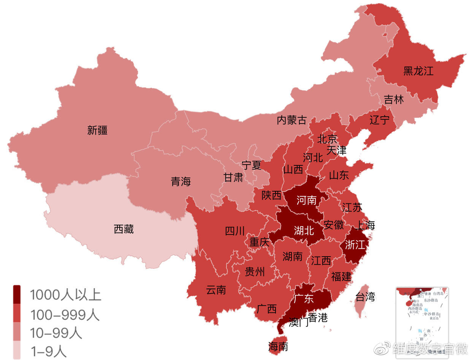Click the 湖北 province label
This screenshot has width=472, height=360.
click(304, 230)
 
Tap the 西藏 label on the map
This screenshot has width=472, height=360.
click(124, 229)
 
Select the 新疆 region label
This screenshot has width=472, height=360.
click(97, 131)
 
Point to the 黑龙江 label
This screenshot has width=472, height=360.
click(418, 71)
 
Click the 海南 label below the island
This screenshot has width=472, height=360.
click(278, 347)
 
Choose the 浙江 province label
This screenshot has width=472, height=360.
click(355, 245)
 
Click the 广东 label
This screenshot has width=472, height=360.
click(304, 299)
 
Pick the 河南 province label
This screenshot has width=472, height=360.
click(306, 200)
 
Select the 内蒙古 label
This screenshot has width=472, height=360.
click(291, 121)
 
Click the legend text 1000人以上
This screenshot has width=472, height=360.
click(65, 295)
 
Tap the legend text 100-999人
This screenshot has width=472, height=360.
click(65, 315)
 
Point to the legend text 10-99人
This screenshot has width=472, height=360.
click(56, 333)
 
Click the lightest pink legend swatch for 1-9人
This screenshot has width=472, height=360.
click(17, 350)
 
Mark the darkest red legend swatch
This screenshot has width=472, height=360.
click(17, 295)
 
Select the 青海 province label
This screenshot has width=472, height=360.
click(181, 182)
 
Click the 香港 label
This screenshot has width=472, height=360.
click(318, 318)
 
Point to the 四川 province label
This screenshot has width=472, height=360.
click(235, 231)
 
